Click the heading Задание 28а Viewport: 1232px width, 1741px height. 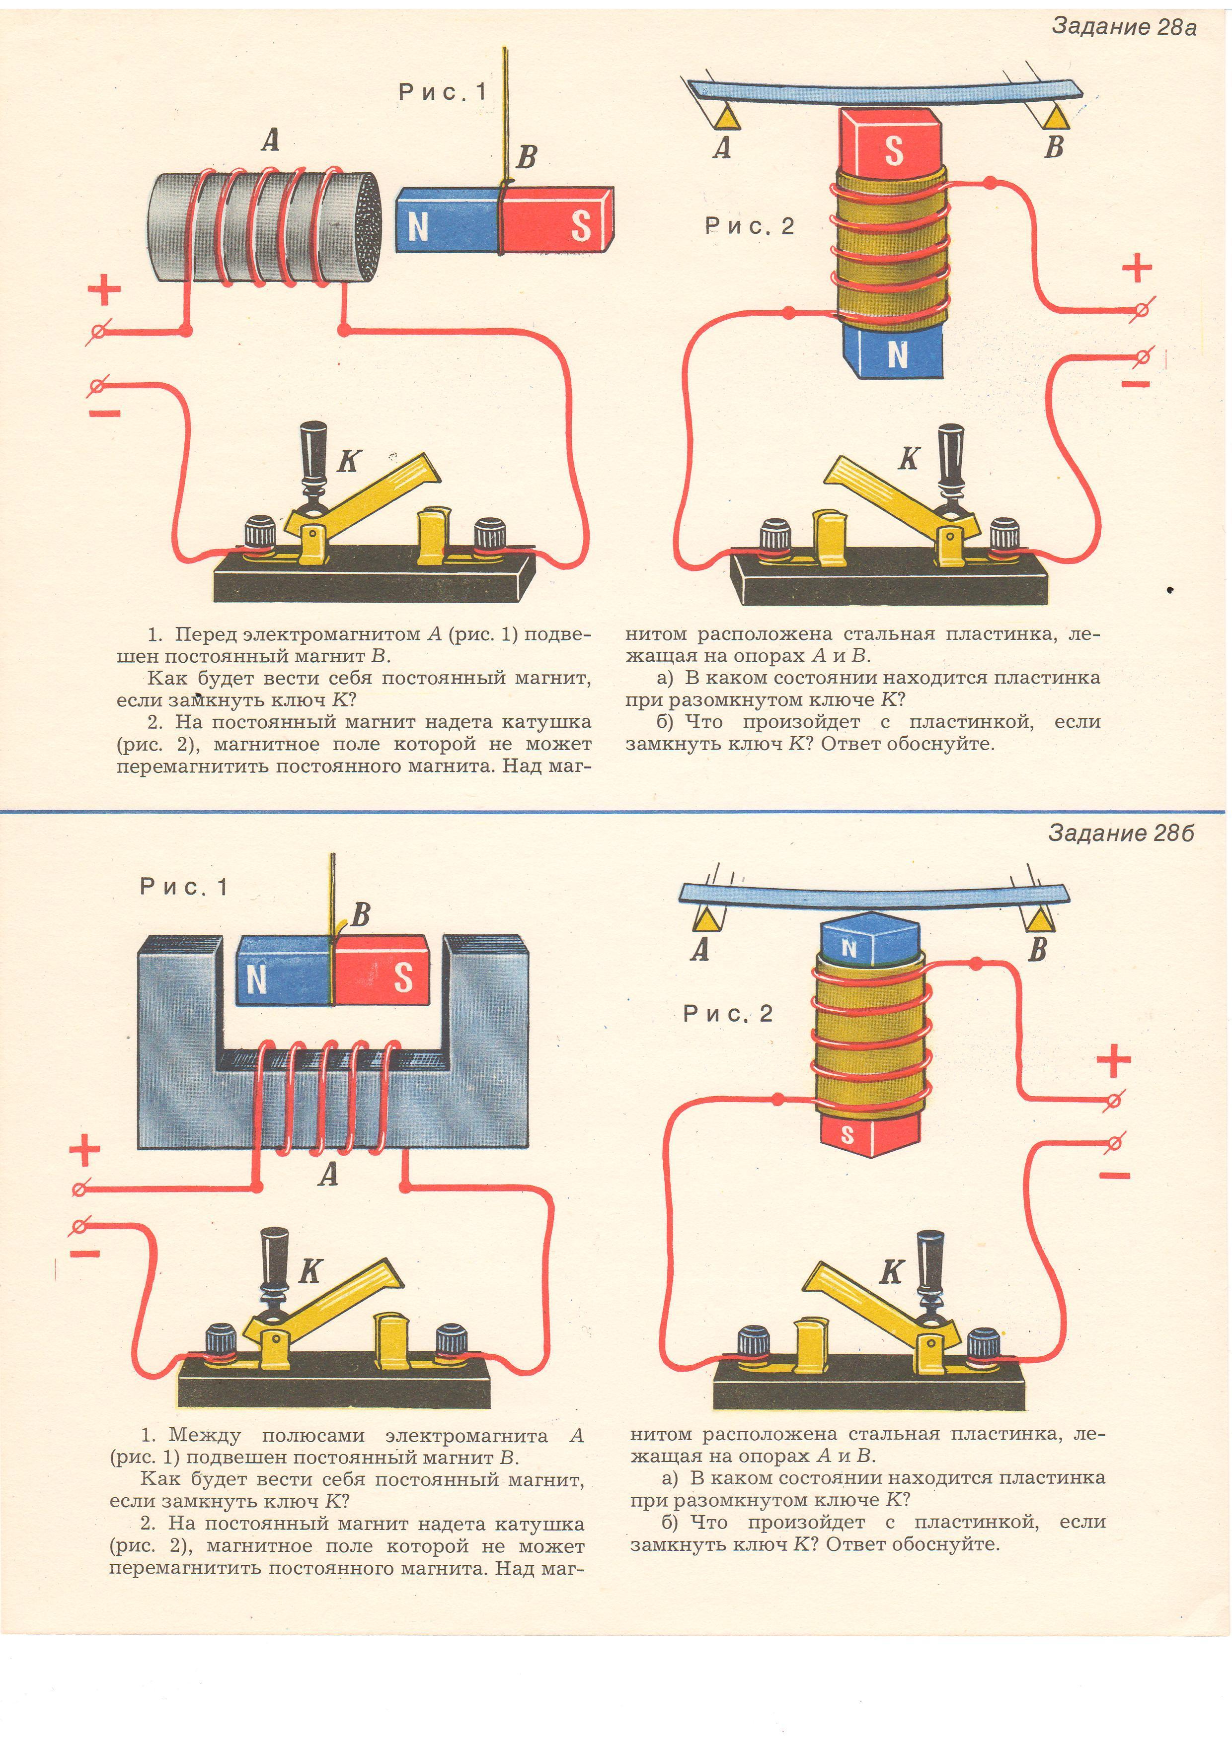[1124, 27]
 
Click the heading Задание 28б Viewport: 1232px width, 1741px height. [1121, 834]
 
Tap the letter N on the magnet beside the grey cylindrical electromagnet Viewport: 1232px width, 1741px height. [418, 226]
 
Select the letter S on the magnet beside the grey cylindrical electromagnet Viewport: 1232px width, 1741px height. [580, 226]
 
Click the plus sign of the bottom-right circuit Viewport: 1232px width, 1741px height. [1113, 1060]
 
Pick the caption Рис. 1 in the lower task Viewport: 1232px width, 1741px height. [184, 887]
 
